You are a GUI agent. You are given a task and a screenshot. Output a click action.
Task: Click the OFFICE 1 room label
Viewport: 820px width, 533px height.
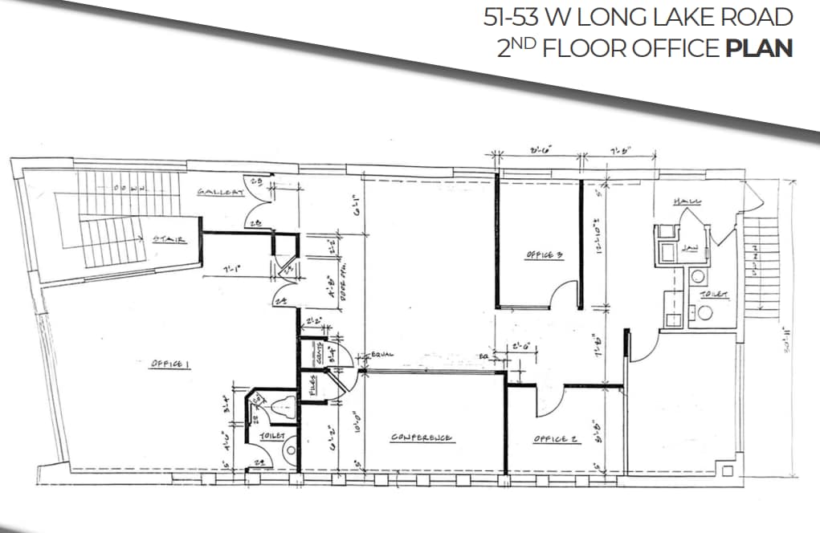coord(169,364)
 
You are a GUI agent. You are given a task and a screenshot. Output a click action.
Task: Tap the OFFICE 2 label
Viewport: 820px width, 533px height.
coord(556,439)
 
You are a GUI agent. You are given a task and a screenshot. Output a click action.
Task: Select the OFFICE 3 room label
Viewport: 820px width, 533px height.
coord(544,255)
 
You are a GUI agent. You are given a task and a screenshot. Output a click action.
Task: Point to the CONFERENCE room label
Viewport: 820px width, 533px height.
coord(422,438)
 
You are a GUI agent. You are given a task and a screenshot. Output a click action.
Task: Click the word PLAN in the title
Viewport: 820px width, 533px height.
coord(758,47)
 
